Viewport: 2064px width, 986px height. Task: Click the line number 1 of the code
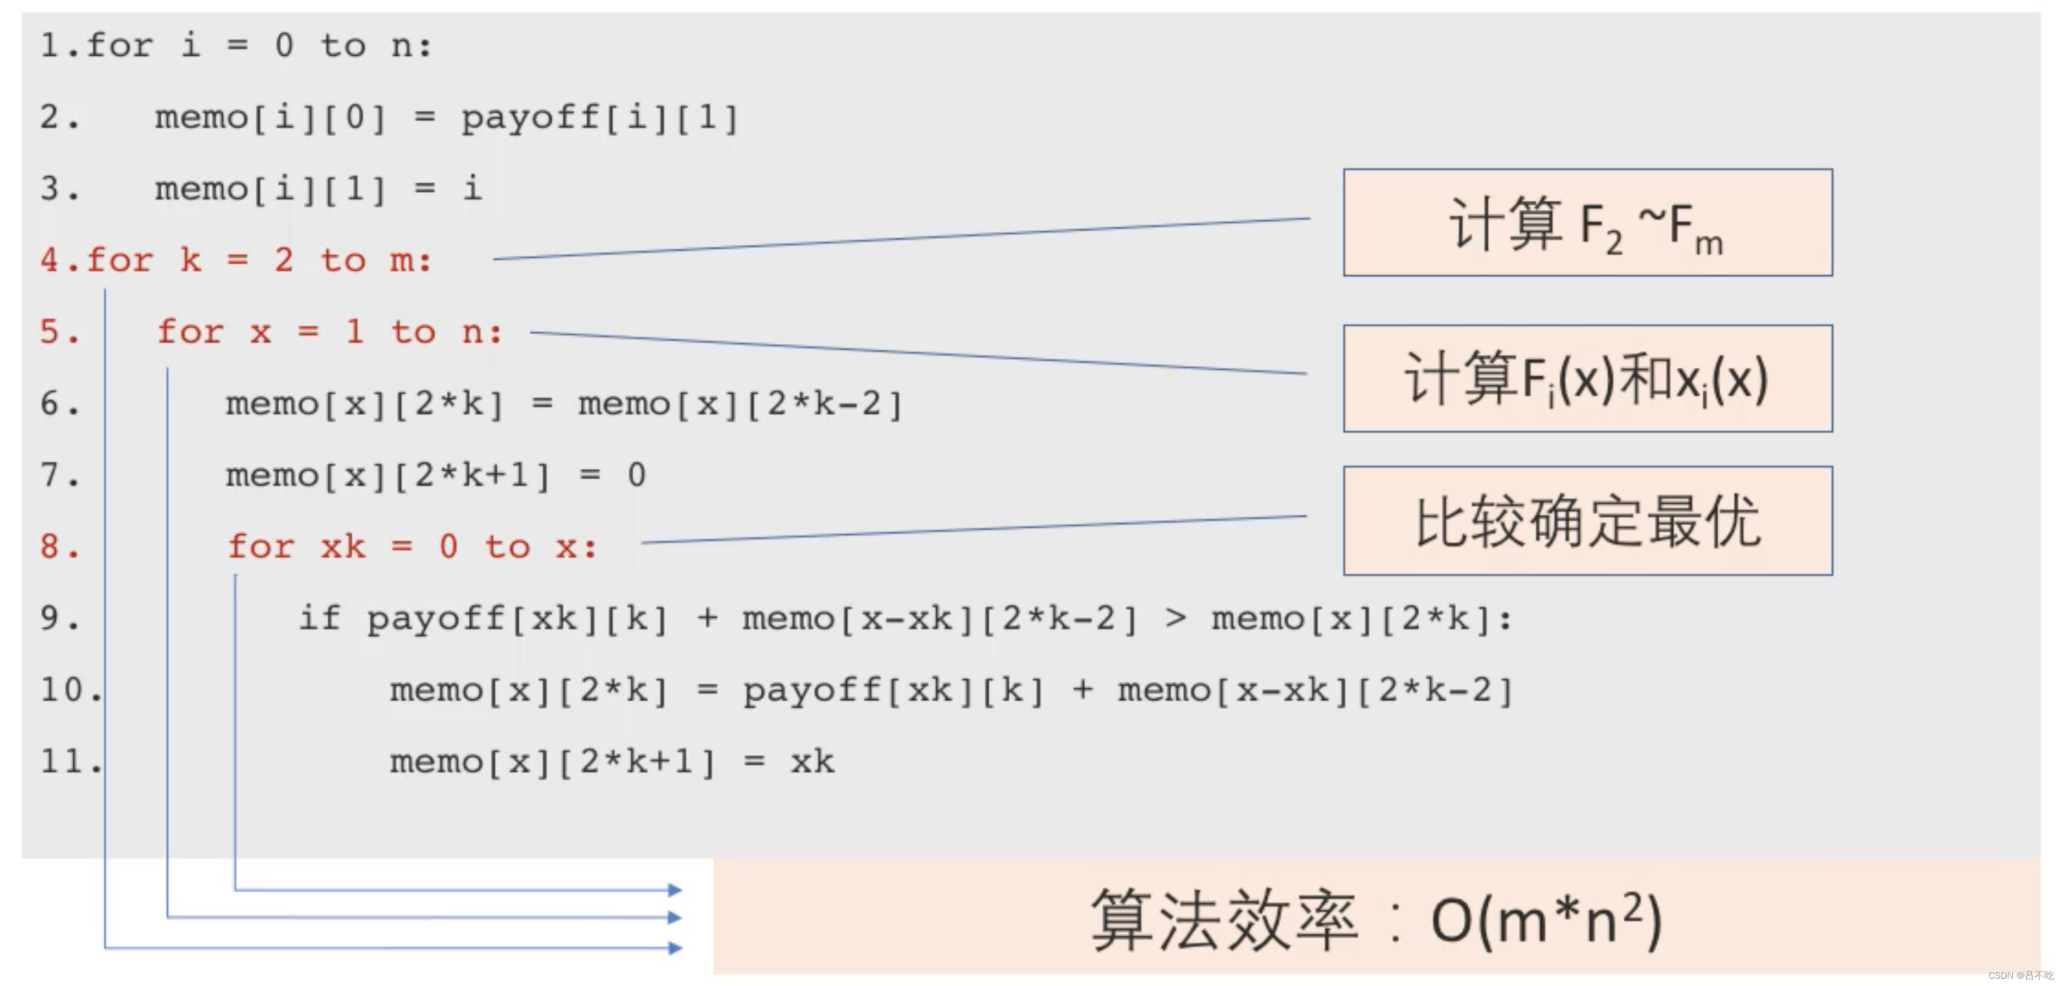tap(50, 46)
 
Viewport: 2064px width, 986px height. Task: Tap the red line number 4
tap(50, 260)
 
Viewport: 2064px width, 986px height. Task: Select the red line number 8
tap(50, 547)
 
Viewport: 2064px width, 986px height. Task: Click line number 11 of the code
tap(64, 761)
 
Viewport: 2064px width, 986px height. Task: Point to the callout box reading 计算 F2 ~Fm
tap(1587, 223)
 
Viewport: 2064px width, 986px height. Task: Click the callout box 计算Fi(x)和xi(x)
tap(1587, 378)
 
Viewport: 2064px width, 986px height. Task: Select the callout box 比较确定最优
tap(1587, 521)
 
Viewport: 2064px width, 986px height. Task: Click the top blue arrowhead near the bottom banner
tap(675, 890)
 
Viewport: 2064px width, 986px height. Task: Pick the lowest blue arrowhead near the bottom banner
tap(675, 949)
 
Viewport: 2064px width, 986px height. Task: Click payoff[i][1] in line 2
tap(599, 119)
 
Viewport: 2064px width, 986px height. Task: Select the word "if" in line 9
tap(319, 618)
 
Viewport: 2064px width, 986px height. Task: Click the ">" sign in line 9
tap(1176, 618)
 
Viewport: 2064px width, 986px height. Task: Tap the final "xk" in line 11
tap(812, 761)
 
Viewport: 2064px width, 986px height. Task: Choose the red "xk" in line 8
tap(343, 547)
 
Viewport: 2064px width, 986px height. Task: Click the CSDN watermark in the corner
tap(2019, 976)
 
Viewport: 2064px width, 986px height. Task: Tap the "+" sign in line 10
tap(1082, 690)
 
